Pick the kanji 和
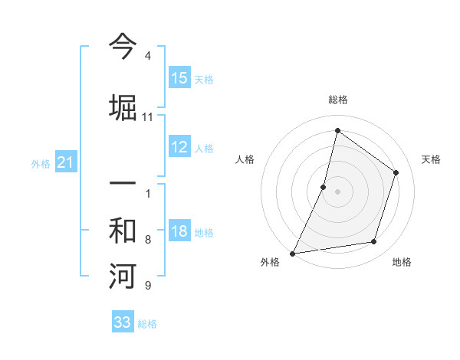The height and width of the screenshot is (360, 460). pos(122,231)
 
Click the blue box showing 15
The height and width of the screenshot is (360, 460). pos(179,78)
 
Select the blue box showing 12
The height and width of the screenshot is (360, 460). pos(179,148)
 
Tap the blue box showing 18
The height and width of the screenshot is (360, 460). pos(179,231)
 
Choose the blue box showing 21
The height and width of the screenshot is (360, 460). pos(66,162)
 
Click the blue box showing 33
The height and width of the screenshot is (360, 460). pos(123,322)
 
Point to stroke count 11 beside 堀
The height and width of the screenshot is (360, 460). pos(147,117)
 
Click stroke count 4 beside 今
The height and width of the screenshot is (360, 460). pos(147,57)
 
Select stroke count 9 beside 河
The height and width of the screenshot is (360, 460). pos(147,286)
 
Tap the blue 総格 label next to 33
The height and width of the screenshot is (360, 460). pos(148,324)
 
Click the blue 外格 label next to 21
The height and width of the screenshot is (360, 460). pos(41,163)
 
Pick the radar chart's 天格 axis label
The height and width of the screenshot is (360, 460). pos(432,159)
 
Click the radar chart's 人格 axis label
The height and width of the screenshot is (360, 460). pos(245,159)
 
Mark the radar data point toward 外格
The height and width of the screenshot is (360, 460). pos(292,254)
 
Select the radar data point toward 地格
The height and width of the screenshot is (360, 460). pos(374,242)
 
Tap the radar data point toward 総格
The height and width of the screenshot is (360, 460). pos(337,131)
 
